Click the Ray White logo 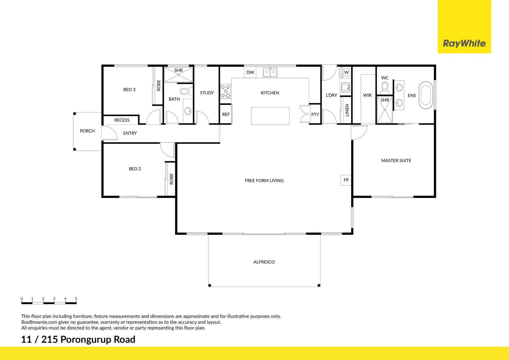(464, 43)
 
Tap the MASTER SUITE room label (396, 161)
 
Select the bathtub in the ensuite (426, 95)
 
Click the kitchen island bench (270, 116)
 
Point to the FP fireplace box (346, 180)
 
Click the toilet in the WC (385, 88)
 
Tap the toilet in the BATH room (185, 91)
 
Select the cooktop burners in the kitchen (226, 91)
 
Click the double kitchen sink (270, 72)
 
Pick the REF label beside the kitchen (226, 114)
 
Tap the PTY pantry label (315, 114)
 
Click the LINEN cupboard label (347, 110)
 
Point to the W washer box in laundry (346, 72)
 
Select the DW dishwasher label (250, 72)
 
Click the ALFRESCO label (264, 262)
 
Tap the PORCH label (87, 131)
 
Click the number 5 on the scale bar (76, 299)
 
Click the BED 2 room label (135, 169)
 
